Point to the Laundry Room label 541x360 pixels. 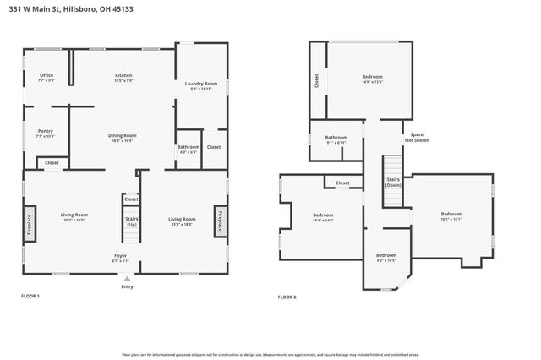pyautogui.click(x=201, y=85)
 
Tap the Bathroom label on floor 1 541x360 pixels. pyautogui.click(x=189, y=148)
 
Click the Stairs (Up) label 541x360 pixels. pyautogui.click(x=132, y=221)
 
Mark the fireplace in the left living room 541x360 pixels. pyautogui.click(x=30, y=222)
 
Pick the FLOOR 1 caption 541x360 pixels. pyautogui.click(x=30, y=297)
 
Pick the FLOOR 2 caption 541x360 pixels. pyautogui.click(x=288, y=297)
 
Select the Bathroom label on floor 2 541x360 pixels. pyautogui.click(x=336, y=139)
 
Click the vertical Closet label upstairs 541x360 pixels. pyautogui.click(x=317, y=81)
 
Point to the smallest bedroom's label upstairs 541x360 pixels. pyautogui.click(x=386, y=257)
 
